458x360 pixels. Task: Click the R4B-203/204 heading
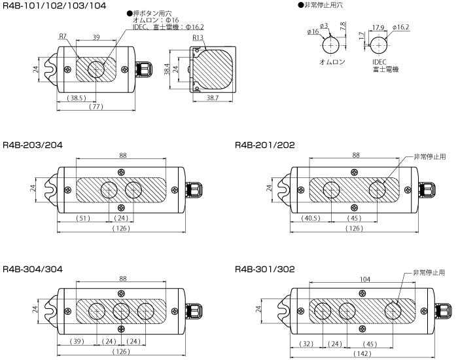33,145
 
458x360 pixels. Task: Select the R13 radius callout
198,38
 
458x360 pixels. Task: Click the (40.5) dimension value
311,217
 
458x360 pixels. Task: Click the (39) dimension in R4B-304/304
76,341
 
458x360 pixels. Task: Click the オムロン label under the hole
332,62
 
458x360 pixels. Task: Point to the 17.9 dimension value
378,27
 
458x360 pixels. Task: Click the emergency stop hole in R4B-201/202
378,190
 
